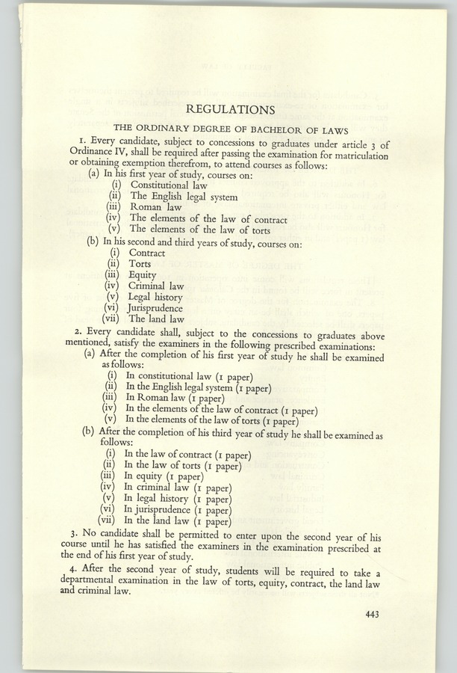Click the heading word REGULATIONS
pyautogui.click(x=230, y=110)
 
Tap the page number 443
pyautogui.click(x=373, y=615)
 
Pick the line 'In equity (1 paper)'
pyautogui.click(x=164, y=476)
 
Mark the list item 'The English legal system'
pyautogui.click(x=184, y=197)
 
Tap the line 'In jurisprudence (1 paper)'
pyautogui.click(x=178, y=510)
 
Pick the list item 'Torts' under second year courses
pyautogui.click(x=140, y=263)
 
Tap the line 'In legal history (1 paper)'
pyautogui.click(x=178, y=499)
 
